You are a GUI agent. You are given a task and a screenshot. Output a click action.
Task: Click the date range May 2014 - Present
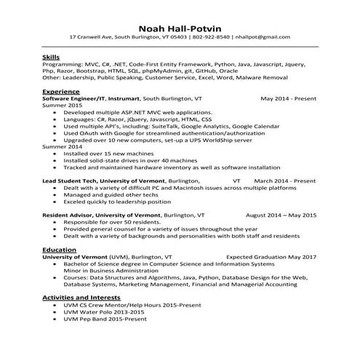click(x=288, y=98)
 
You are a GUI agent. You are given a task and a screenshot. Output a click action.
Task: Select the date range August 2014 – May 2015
click(x=281, y=215)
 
